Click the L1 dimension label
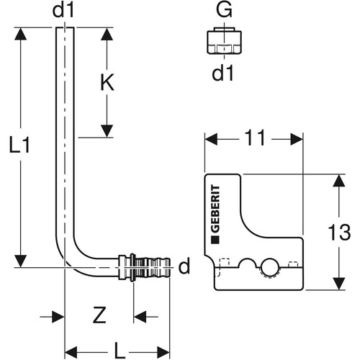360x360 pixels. point(19,145)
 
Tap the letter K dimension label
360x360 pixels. point(107,82)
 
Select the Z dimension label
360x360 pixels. point(99,315)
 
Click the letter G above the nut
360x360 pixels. point(224,10)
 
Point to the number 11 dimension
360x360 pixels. point(255,138)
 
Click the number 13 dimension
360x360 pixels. point(339,232)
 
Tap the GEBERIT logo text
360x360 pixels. point(215,209)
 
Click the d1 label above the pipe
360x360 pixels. point(63,10)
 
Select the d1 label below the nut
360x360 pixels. point(222,73)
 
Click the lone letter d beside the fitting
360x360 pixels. point(184,266)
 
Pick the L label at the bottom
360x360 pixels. point(120,350)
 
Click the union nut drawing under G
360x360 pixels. point(224,41)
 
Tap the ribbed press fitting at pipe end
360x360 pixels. point(144,267)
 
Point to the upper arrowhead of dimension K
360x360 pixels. point(107,35)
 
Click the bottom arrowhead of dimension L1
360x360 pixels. point(20,261)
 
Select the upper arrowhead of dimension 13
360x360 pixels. point(339,181)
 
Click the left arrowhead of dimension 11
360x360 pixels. point(212,139)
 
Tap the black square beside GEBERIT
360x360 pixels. point(215,240)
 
